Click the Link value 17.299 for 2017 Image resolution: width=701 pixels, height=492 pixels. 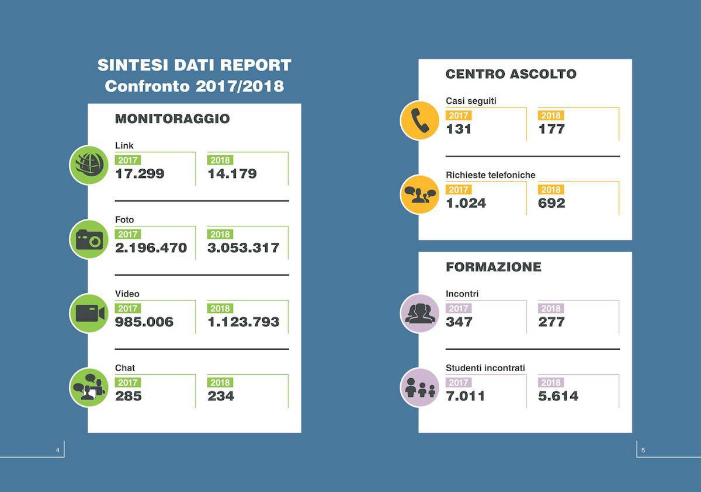click(x=140, y=174)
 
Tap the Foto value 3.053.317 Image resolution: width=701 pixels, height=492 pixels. click(x=243, y=248)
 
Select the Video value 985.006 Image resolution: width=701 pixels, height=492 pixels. click(x=144, y=322)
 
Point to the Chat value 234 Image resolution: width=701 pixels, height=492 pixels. click(x=221, y=396)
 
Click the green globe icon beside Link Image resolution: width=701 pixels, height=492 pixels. click(x=89, y=165)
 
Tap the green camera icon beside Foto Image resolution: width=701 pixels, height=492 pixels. click(x=89, y=239)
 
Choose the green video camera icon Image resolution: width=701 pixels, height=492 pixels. click(x=89, y=313)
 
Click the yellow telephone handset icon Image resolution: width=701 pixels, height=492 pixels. click(x=419, y=120)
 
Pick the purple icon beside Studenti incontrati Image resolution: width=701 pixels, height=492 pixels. click(x=419, y=387)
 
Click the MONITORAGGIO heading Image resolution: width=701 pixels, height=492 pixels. click(x=172, y=119)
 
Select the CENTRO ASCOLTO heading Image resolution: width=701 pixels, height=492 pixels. click(x=511, y=74)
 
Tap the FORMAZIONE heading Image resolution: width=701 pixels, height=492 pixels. click(x=493, y=267)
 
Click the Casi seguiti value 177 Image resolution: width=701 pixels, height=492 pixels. click(x=551, y=129)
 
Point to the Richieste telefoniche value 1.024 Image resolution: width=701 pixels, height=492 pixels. click(x=466, y=203)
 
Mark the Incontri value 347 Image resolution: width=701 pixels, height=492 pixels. click(x=459, y=322)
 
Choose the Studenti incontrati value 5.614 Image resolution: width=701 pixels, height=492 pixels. click(x=558, y=396)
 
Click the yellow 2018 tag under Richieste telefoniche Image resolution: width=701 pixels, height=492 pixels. click(x=550, y=190)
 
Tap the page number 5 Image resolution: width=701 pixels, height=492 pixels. click(x=643, y=450)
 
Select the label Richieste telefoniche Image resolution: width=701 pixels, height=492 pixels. click(x=490, y=175)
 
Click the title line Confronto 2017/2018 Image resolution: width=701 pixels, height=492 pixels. click(x=194, y=86)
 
